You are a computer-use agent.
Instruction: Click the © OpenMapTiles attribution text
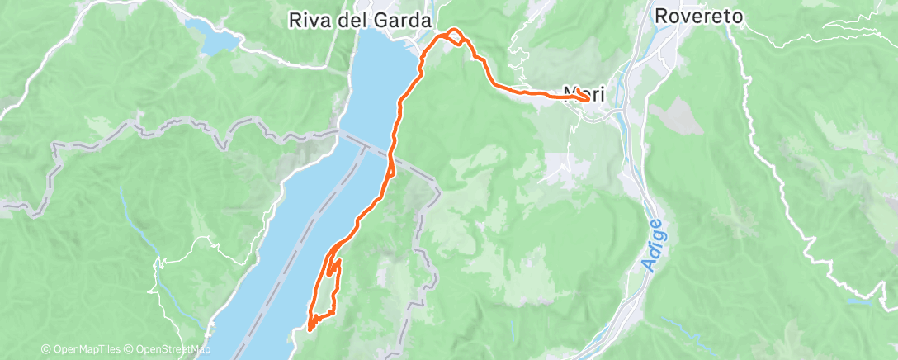pos(83,350)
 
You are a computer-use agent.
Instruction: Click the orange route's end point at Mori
pos(586,97)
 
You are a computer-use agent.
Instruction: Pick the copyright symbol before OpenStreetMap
pos(132,350)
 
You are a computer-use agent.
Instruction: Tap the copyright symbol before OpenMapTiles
pos(45,350)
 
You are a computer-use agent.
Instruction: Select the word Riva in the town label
pos(305,20)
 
